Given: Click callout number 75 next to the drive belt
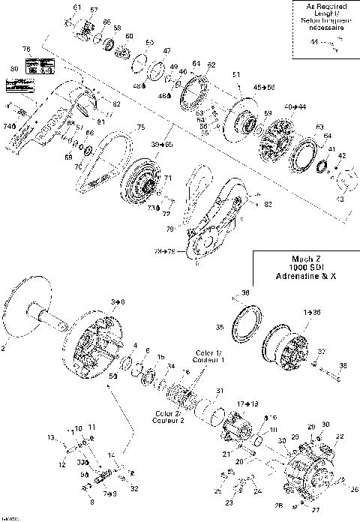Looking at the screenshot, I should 139,128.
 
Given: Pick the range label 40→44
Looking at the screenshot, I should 295,108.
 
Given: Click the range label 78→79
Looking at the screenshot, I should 165,250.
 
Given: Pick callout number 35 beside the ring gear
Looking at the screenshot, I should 220,327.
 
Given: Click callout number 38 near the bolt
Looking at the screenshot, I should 345,365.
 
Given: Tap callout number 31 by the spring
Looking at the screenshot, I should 220,391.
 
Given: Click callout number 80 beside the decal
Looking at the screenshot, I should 13,68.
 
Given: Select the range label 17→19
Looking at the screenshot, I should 247,403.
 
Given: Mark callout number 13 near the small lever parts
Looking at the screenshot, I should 52,436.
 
